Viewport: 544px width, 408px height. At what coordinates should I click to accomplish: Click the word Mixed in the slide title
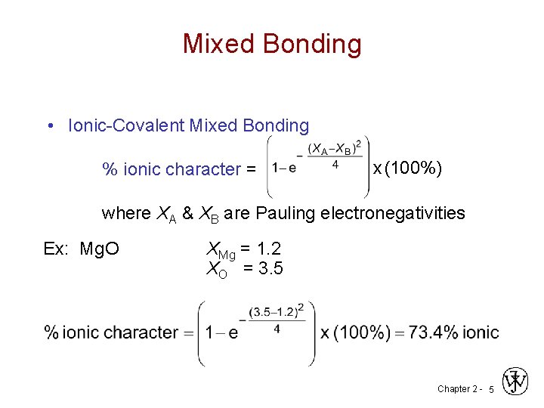(x=215, y=44)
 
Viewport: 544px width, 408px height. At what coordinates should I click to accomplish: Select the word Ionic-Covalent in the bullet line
(x=126, y=125)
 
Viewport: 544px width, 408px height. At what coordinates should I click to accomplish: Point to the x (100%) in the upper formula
(x=407, y=168)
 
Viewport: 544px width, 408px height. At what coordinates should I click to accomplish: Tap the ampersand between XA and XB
(x=190, y=213)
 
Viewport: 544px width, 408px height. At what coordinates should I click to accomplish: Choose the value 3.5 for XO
(x=270, y=267)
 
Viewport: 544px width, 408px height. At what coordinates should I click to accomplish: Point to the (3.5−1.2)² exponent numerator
(x=277, y=311)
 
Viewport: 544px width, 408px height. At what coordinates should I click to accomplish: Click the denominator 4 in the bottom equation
(x=277, y=329)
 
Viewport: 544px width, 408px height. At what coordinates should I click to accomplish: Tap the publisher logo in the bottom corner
(x=516, y=382)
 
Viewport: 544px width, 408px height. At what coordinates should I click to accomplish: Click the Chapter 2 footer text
(x=456, y=389)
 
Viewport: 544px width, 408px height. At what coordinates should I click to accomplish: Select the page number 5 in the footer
(x=491, y=389)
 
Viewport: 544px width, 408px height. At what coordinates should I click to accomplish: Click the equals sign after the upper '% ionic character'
(x=251, y=169)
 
